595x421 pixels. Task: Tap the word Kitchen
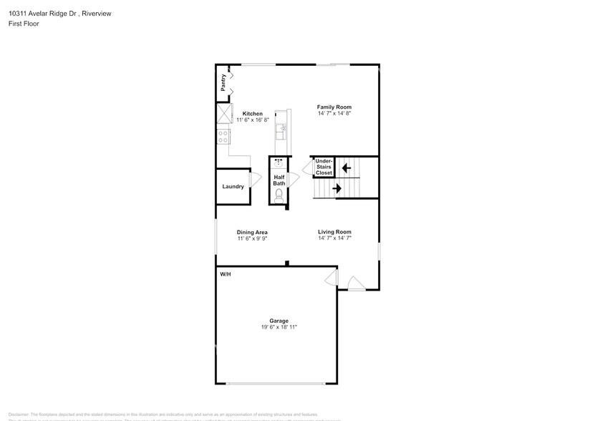point(252,114)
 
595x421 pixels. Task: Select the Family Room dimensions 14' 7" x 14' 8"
point(334,114)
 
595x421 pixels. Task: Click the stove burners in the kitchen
point(223,135)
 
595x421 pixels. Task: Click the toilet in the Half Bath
point(279,194)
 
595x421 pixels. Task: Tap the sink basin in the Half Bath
point(279,163)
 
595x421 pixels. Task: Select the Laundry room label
point(233,186)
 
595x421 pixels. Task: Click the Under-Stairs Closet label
point(324,167)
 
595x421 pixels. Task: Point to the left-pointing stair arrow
point(347,168)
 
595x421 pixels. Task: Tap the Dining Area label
point(252,232)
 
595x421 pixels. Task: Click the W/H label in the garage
point(225,274)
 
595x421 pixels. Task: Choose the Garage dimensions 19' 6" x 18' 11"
point(279,327)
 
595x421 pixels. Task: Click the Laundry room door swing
point(254,180)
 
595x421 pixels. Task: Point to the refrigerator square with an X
point(224,113)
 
